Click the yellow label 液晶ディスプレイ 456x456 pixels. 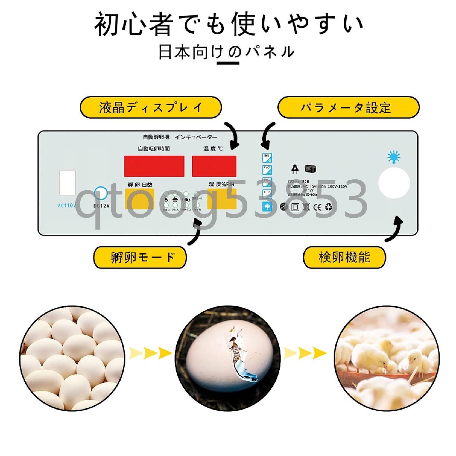pyautogui.click(x=150, y=108)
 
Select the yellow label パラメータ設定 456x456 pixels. pyautogui.click(x=348, y=108)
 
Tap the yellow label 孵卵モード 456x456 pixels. pyautogui.click(x=140, y=257)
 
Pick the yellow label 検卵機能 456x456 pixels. pyautogui.click(x=344, y=257)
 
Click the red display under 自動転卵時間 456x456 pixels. pyautogui.click(x=154, y=166)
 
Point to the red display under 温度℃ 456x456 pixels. pyautogui.click(x=214, y=166)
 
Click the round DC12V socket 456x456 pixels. pyautogui.click(x=101, y=193)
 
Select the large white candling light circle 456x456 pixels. pyautogui.click(x=394, y=184)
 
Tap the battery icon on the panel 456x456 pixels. pyautogui.click(x=310, y=169)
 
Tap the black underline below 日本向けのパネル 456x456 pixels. pyautogui.click(x=228, y=62)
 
